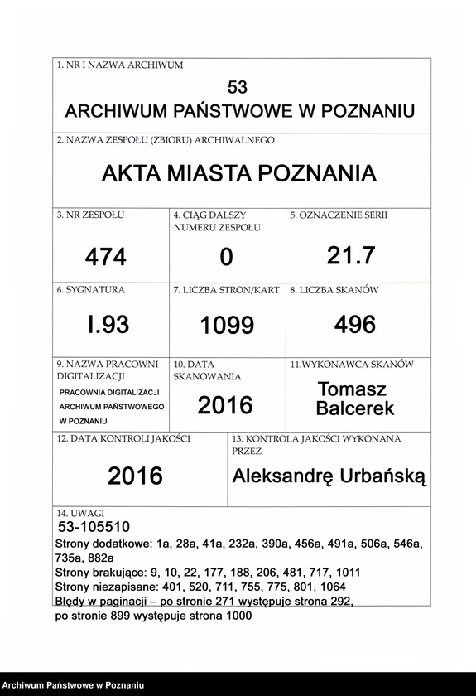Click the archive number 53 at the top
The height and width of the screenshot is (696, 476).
tap(237, 87)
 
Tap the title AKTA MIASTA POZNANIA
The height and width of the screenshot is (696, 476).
tap(238, 174)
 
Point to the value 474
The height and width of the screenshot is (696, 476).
tap(106, 258)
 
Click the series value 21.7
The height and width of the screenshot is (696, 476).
tap(350, 256)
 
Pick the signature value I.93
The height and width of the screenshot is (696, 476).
tap(108, 325)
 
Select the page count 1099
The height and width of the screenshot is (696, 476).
tap(226, 326)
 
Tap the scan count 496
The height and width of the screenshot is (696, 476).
tap(354, 324)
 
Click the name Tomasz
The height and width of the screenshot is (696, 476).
tap(352, 389)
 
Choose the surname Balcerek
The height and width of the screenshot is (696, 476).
tap(355, 408)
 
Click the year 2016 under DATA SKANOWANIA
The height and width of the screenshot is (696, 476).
tap(225, 405)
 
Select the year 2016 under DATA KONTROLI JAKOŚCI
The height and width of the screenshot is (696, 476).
tap(136, 476)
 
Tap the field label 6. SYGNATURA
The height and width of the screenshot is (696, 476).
tap(90, 291)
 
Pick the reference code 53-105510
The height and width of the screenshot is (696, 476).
tap(94, 527)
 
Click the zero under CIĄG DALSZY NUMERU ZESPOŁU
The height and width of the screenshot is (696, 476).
tap(226, 258)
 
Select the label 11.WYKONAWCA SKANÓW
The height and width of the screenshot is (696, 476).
tap(351, 364)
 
